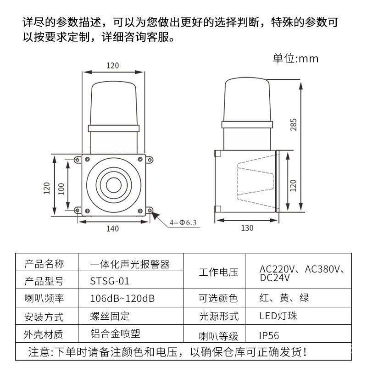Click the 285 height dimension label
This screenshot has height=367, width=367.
[x=293, y=125]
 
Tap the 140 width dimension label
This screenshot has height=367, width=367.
[x=112, y=228]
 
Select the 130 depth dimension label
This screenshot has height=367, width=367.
[x=247, y=228]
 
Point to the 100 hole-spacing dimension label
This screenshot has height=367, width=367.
[x=61, y=189]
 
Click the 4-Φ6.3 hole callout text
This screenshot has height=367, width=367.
[x=183, y=222]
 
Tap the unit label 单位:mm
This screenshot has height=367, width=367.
[x=295, y=59]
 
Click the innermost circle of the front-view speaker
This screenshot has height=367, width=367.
[x=114, y=185]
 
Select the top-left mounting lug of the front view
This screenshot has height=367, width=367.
[x=78, y=160]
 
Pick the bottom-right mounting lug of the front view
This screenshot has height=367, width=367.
[x=150, y=210]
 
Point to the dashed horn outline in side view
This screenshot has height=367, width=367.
[x=256, y=182]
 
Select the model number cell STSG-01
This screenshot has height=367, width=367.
[x=110, y=281]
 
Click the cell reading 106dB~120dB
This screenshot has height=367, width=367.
[x=122, y=299]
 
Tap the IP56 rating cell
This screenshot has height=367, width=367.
[x=269, y=336]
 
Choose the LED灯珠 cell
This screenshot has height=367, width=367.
[x=278, y=316]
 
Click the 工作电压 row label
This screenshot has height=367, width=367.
[x=219, y=272]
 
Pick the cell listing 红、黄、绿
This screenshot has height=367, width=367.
[x=284, y=298]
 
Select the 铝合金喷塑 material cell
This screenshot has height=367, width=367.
[x=116, y=334]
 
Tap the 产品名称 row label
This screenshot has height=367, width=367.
[x=44, y=264]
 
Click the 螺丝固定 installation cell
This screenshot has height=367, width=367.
[x=110, y=316]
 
